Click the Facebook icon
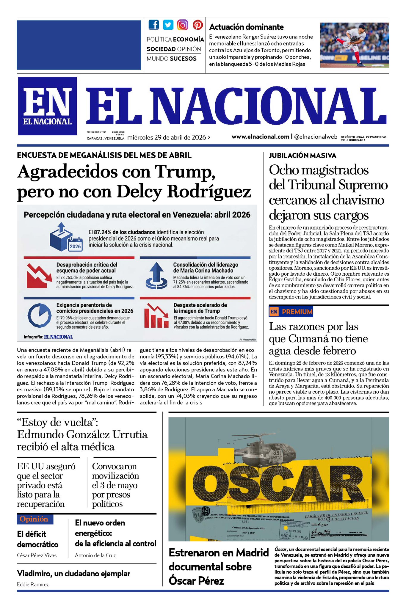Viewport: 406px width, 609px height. click(154, 25)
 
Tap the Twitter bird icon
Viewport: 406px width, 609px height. click(168, 25)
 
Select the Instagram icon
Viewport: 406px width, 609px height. click(183, 25)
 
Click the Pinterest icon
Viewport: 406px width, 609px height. click(197, 25)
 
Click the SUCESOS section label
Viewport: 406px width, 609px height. click(183, 59)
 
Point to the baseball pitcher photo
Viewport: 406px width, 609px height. click(354, 45)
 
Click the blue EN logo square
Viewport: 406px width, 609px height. click(48, 106)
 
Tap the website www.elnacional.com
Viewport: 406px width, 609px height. click(260, 137)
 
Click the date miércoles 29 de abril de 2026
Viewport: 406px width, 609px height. click(167, 137)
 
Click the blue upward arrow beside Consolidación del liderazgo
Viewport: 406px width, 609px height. click(156, 275)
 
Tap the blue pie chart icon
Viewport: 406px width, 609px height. click(39, 315)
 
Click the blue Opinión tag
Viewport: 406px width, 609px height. click(35, 519)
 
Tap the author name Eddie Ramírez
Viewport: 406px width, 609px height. click(33, 584)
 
